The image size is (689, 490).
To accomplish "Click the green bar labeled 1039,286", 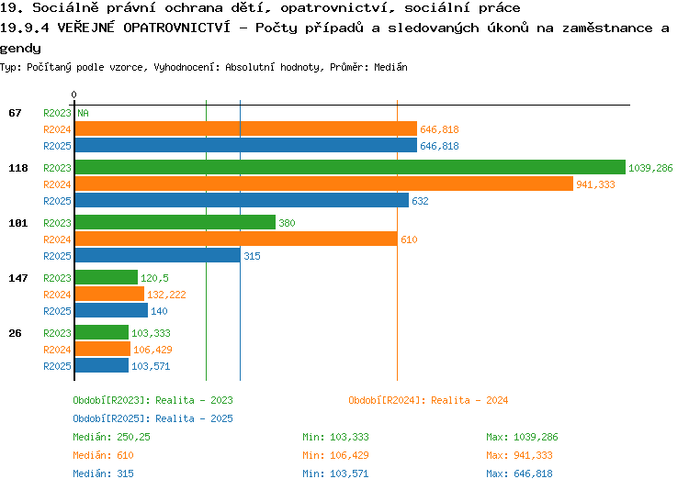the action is click(350, 167).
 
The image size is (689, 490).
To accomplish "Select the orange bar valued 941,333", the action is click(324, 184).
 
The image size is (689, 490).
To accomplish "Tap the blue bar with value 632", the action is click(243, 200).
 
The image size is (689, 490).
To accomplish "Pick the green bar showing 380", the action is click(175, 222).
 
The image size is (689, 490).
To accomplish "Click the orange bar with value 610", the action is click(236, 239).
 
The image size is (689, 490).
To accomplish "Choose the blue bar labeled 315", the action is click(158, 255).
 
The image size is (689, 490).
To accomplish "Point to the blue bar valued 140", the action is click(111, 310).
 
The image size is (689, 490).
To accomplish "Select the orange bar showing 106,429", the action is click(103, 349).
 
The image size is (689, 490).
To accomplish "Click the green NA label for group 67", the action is click(83, 113).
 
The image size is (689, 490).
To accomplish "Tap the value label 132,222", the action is click(166, 295).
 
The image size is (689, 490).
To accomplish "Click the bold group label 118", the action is click(18, 168).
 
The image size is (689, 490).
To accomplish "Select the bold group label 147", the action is click(18, 278).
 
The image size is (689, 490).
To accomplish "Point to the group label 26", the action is click(15, 333).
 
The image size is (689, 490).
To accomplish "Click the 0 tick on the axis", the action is click(73, 95).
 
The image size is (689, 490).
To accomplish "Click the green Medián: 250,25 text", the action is click(111, 438).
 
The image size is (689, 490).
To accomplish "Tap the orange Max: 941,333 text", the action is click(519, 456).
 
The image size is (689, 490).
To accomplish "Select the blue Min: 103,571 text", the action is click(335, 474).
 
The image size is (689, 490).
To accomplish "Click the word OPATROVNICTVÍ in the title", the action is click(176, 28).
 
